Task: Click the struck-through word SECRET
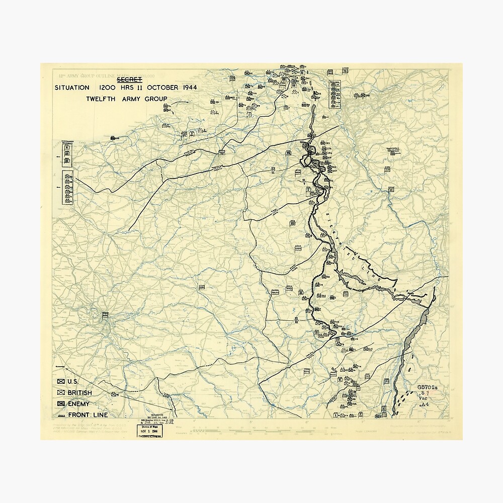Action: coord(130,79)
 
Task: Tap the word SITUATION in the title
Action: coord(72,88)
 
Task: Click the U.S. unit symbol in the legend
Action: coord(61,382)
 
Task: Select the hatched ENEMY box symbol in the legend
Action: coord(61,404)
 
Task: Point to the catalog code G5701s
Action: coord(427,387)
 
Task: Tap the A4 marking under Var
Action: coord(424,404)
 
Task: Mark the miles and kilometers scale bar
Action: coord(282,431)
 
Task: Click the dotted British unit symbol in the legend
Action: coord(61,393)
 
